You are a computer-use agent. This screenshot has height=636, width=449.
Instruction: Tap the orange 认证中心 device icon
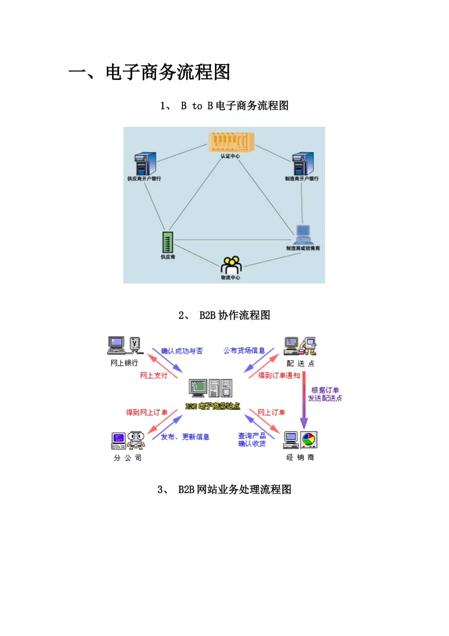click(231, 141)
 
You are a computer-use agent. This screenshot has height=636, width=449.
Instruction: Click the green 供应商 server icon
click(167, 242)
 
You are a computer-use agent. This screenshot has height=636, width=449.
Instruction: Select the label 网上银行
click(124, 363)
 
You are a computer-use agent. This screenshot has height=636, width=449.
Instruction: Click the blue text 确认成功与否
click(181, 351)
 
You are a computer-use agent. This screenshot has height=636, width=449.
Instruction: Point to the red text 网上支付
click(154, 375)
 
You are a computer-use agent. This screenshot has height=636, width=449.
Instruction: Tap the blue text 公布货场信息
click(244, 351)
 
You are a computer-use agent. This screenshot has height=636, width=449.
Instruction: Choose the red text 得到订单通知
click(279, 375)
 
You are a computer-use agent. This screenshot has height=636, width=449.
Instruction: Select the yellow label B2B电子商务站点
click(213, 406)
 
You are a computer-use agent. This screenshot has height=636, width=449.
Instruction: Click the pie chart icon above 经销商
click(309, 440)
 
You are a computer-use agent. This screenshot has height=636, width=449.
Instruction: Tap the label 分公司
click(128, 458)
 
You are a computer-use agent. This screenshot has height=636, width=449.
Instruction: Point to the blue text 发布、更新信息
click(185, 437)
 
